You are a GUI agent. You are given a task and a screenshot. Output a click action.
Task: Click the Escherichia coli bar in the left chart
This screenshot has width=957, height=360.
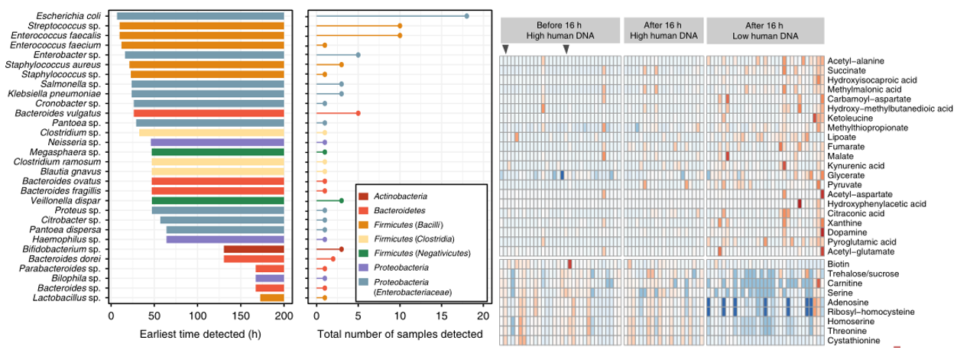pos(200,15)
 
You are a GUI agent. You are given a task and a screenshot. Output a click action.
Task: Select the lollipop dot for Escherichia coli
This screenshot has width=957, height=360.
pos(466,15)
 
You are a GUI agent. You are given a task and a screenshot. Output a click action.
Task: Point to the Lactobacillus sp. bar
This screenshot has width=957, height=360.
pos(272,297)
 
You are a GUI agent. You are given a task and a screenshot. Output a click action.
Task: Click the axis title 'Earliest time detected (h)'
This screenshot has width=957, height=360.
pos(197,335)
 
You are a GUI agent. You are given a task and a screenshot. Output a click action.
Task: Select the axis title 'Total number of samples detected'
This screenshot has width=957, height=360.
pos(400,335)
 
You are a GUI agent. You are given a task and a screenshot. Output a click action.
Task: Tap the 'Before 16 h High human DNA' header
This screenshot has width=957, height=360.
pos(559,30)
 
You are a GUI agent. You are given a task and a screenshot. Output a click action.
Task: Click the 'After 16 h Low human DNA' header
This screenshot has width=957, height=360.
pos(765,30)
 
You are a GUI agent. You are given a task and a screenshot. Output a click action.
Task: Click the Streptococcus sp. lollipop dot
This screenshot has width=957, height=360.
pos(400,25)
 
